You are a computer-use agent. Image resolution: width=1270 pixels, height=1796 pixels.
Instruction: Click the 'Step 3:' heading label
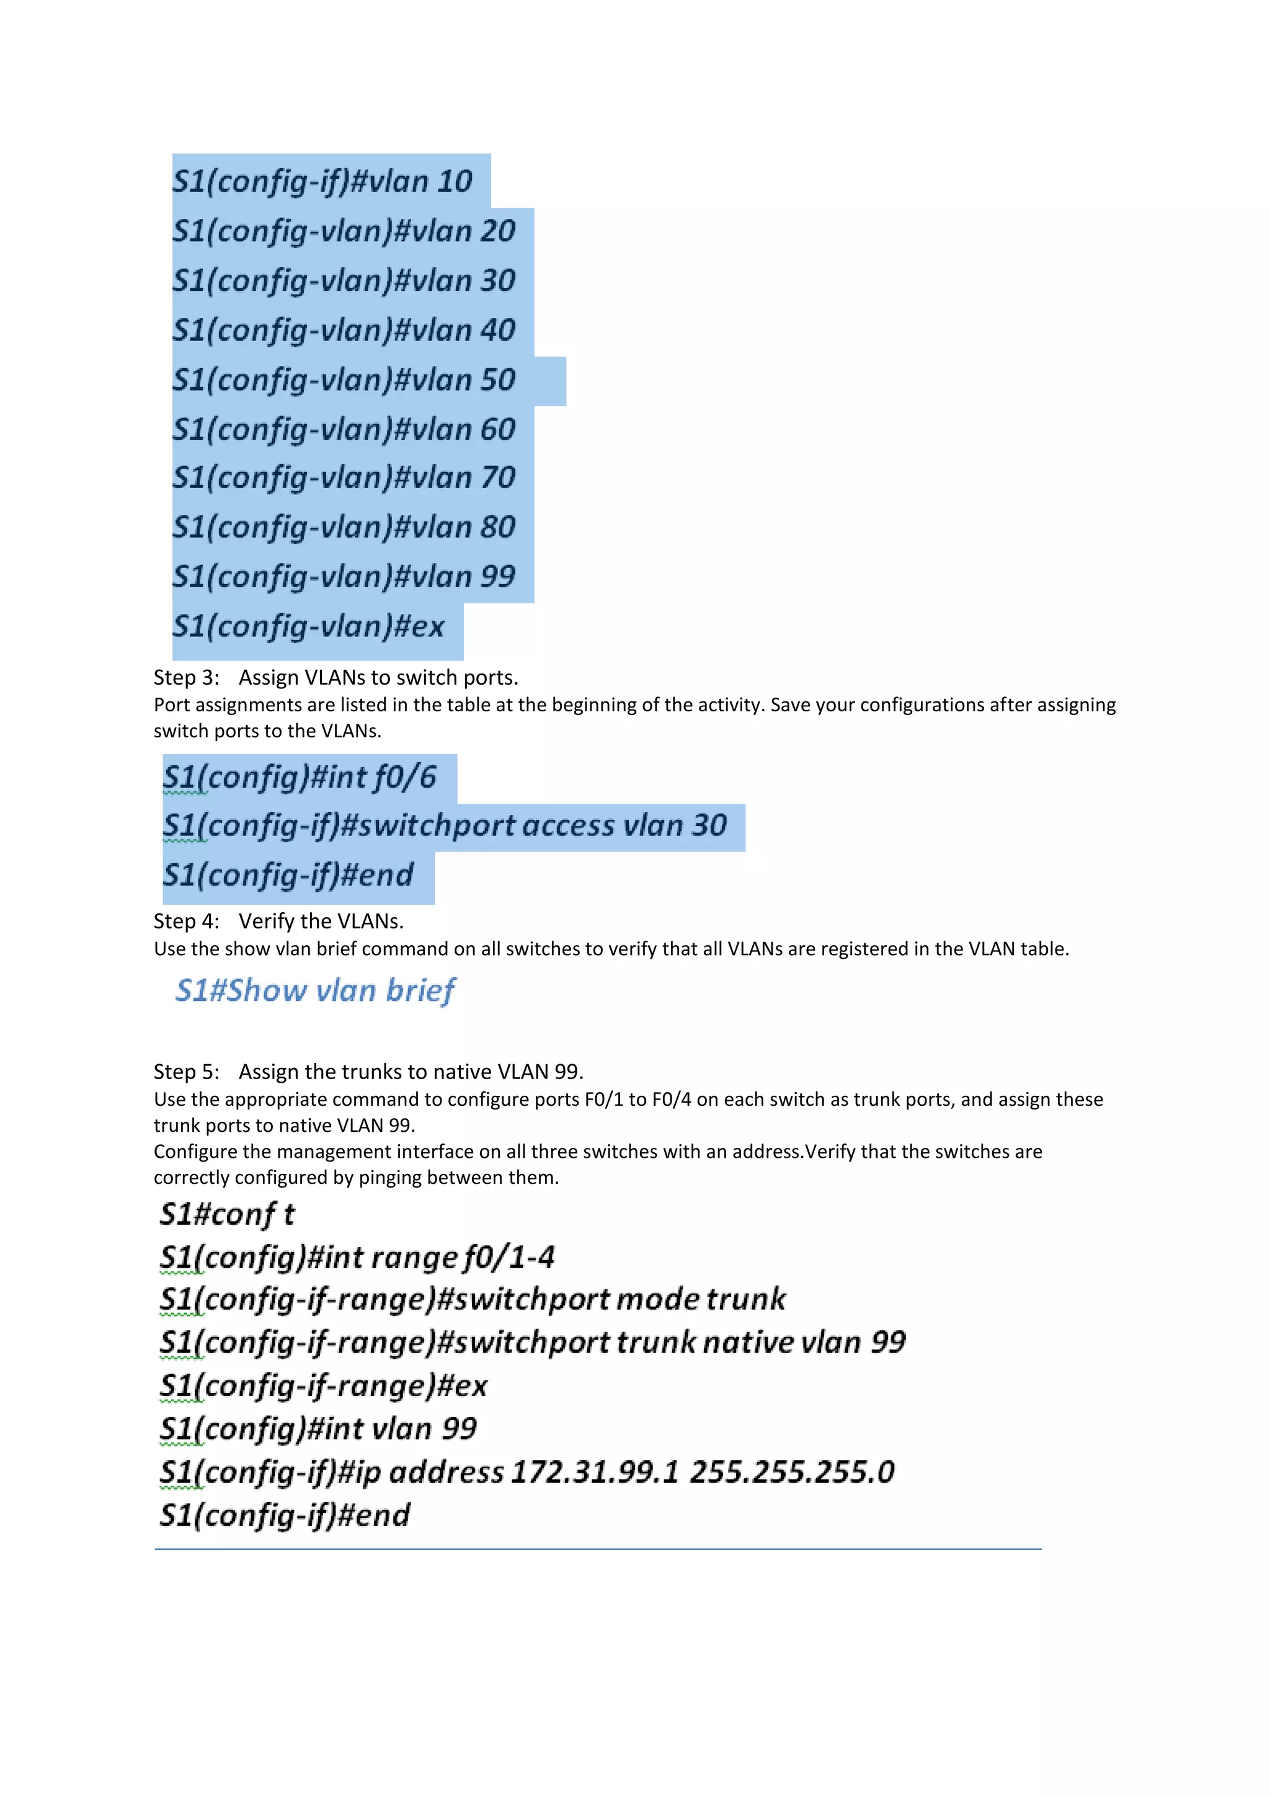pos(186,677)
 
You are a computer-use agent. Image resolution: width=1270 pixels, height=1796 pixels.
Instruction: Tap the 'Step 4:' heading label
pos(186,922)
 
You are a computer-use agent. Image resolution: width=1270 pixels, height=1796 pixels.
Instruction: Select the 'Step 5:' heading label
pos(186,1072)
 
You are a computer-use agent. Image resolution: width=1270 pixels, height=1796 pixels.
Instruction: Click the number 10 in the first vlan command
pos(455,182)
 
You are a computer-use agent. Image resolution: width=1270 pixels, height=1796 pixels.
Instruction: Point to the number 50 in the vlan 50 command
pos(497,380)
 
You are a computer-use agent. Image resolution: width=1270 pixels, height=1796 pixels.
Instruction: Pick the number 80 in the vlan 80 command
pos(497,527)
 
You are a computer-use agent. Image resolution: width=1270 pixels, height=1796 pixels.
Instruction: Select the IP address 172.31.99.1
pos(594,1472)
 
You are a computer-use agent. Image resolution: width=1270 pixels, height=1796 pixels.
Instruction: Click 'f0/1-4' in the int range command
pos(508,1258)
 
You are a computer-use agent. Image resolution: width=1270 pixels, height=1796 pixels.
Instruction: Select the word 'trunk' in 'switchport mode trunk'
pos(745,1299)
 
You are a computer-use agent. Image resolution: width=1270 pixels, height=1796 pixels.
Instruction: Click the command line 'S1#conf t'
pos(227,1215)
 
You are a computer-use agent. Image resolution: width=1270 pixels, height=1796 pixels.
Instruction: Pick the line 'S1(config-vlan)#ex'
pos(308,626)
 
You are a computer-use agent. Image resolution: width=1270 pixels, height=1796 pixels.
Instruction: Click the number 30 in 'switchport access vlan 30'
pos(709,826)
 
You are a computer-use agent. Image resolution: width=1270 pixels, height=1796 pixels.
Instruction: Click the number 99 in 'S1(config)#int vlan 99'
pos(459,1429)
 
